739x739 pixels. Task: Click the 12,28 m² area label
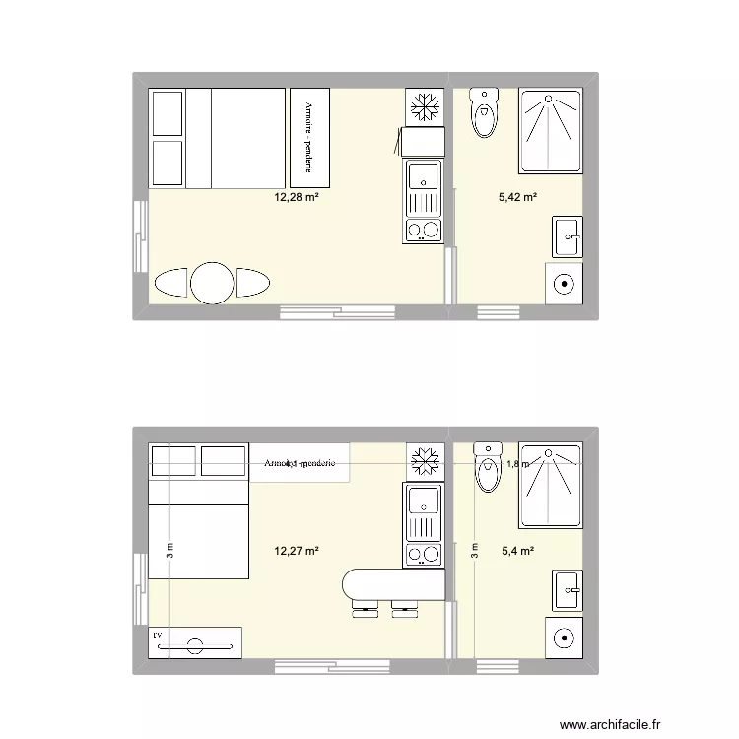pos(296,197)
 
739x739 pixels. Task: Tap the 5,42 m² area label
pos(517,197)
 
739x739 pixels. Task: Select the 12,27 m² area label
pos(296,551)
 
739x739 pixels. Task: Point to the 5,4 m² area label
pos(516,551)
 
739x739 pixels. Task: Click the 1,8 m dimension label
pos(516,463)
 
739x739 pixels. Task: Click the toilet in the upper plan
pos(484,113)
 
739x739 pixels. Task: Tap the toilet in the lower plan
pos(488,467)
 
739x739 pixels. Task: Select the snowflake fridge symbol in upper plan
pos(424,105)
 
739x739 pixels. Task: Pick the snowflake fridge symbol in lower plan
pos(425,459)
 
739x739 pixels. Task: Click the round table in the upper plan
pos(211,283)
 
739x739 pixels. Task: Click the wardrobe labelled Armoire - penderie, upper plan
pos(308,136)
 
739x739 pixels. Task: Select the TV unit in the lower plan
pos(195,641)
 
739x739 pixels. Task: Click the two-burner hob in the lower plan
pos(424,554)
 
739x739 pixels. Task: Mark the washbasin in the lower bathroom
pos(567,591)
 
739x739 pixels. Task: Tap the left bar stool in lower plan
pos(365,608)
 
